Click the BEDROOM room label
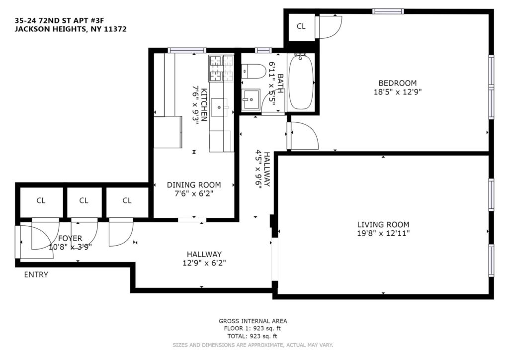397,83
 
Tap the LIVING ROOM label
383,224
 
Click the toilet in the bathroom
254,71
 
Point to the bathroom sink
251,99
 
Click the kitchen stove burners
221,68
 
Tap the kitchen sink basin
219,107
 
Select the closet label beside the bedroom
301,26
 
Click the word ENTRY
36,274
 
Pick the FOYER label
70,239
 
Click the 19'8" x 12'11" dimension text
383,233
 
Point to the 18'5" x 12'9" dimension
397,92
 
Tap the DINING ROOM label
194,185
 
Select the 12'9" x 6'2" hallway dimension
204,263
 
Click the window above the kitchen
187,50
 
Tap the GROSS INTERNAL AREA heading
253,321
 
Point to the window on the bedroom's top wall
388,12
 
